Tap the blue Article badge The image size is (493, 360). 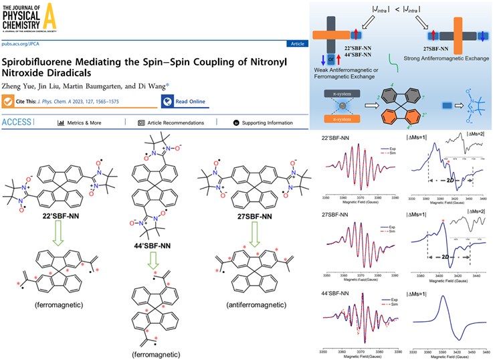coord(296,43)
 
